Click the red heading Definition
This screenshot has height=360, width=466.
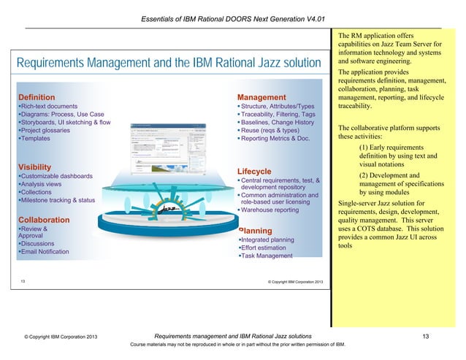(x=37, y=97)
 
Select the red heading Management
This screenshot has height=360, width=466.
(x=261, y=97)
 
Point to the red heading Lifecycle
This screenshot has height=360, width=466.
(x=255, y=171)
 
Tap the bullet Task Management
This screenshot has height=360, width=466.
(x=266, y=256)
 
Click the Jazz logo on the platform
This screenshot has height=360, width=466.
(x=169, y=210)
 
